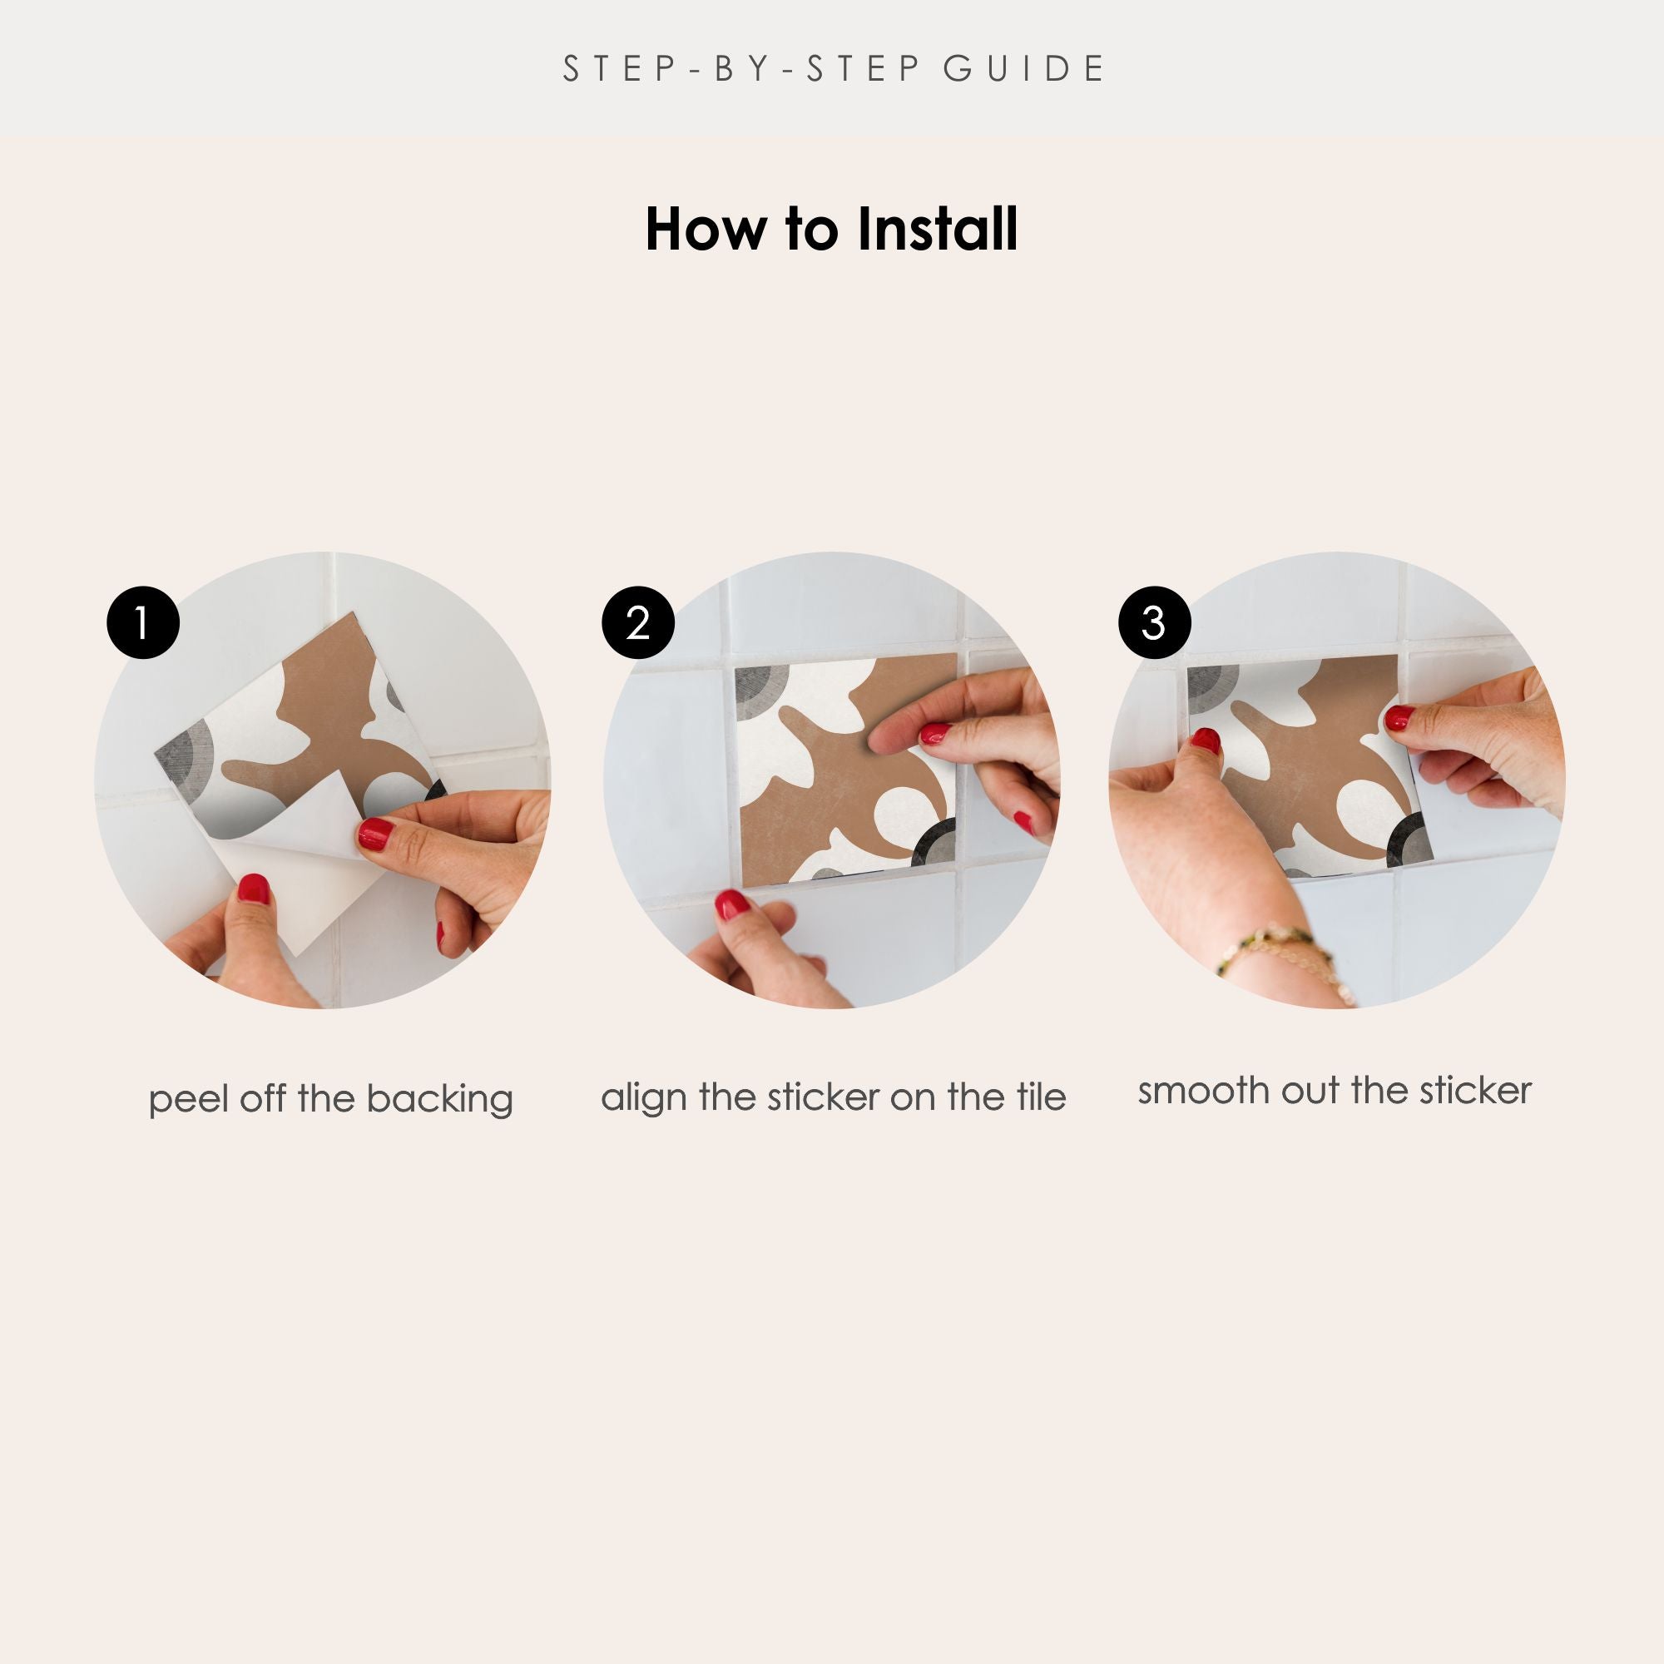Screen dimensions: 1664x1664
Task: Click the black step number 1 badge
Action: (143, 622)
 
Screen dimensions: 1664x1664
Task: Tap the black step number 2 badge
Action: (637, 622)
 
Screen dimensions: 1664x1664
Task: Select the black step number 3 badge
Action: (1154, 622)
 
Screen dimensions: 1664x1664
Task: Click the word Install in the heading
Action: (937, 229)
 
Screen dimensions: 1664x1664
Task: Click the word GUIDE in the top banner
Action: (1024, 69)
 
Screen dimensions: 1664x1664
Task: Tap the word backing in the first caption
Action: (439, 1100)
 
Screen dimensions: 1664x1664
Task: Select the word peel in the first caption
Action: (190, 1101)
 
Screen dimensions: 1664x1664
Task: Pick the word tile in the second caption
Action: (1042, 1097)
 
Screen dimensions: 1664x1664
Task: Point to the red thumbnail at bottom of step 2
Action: (732, 904)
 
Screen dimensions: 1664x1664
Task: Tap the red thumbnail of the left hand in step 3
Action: (1206, 740)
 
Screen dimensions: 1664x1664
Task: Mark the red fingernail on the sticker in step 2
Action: (934, 734)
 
